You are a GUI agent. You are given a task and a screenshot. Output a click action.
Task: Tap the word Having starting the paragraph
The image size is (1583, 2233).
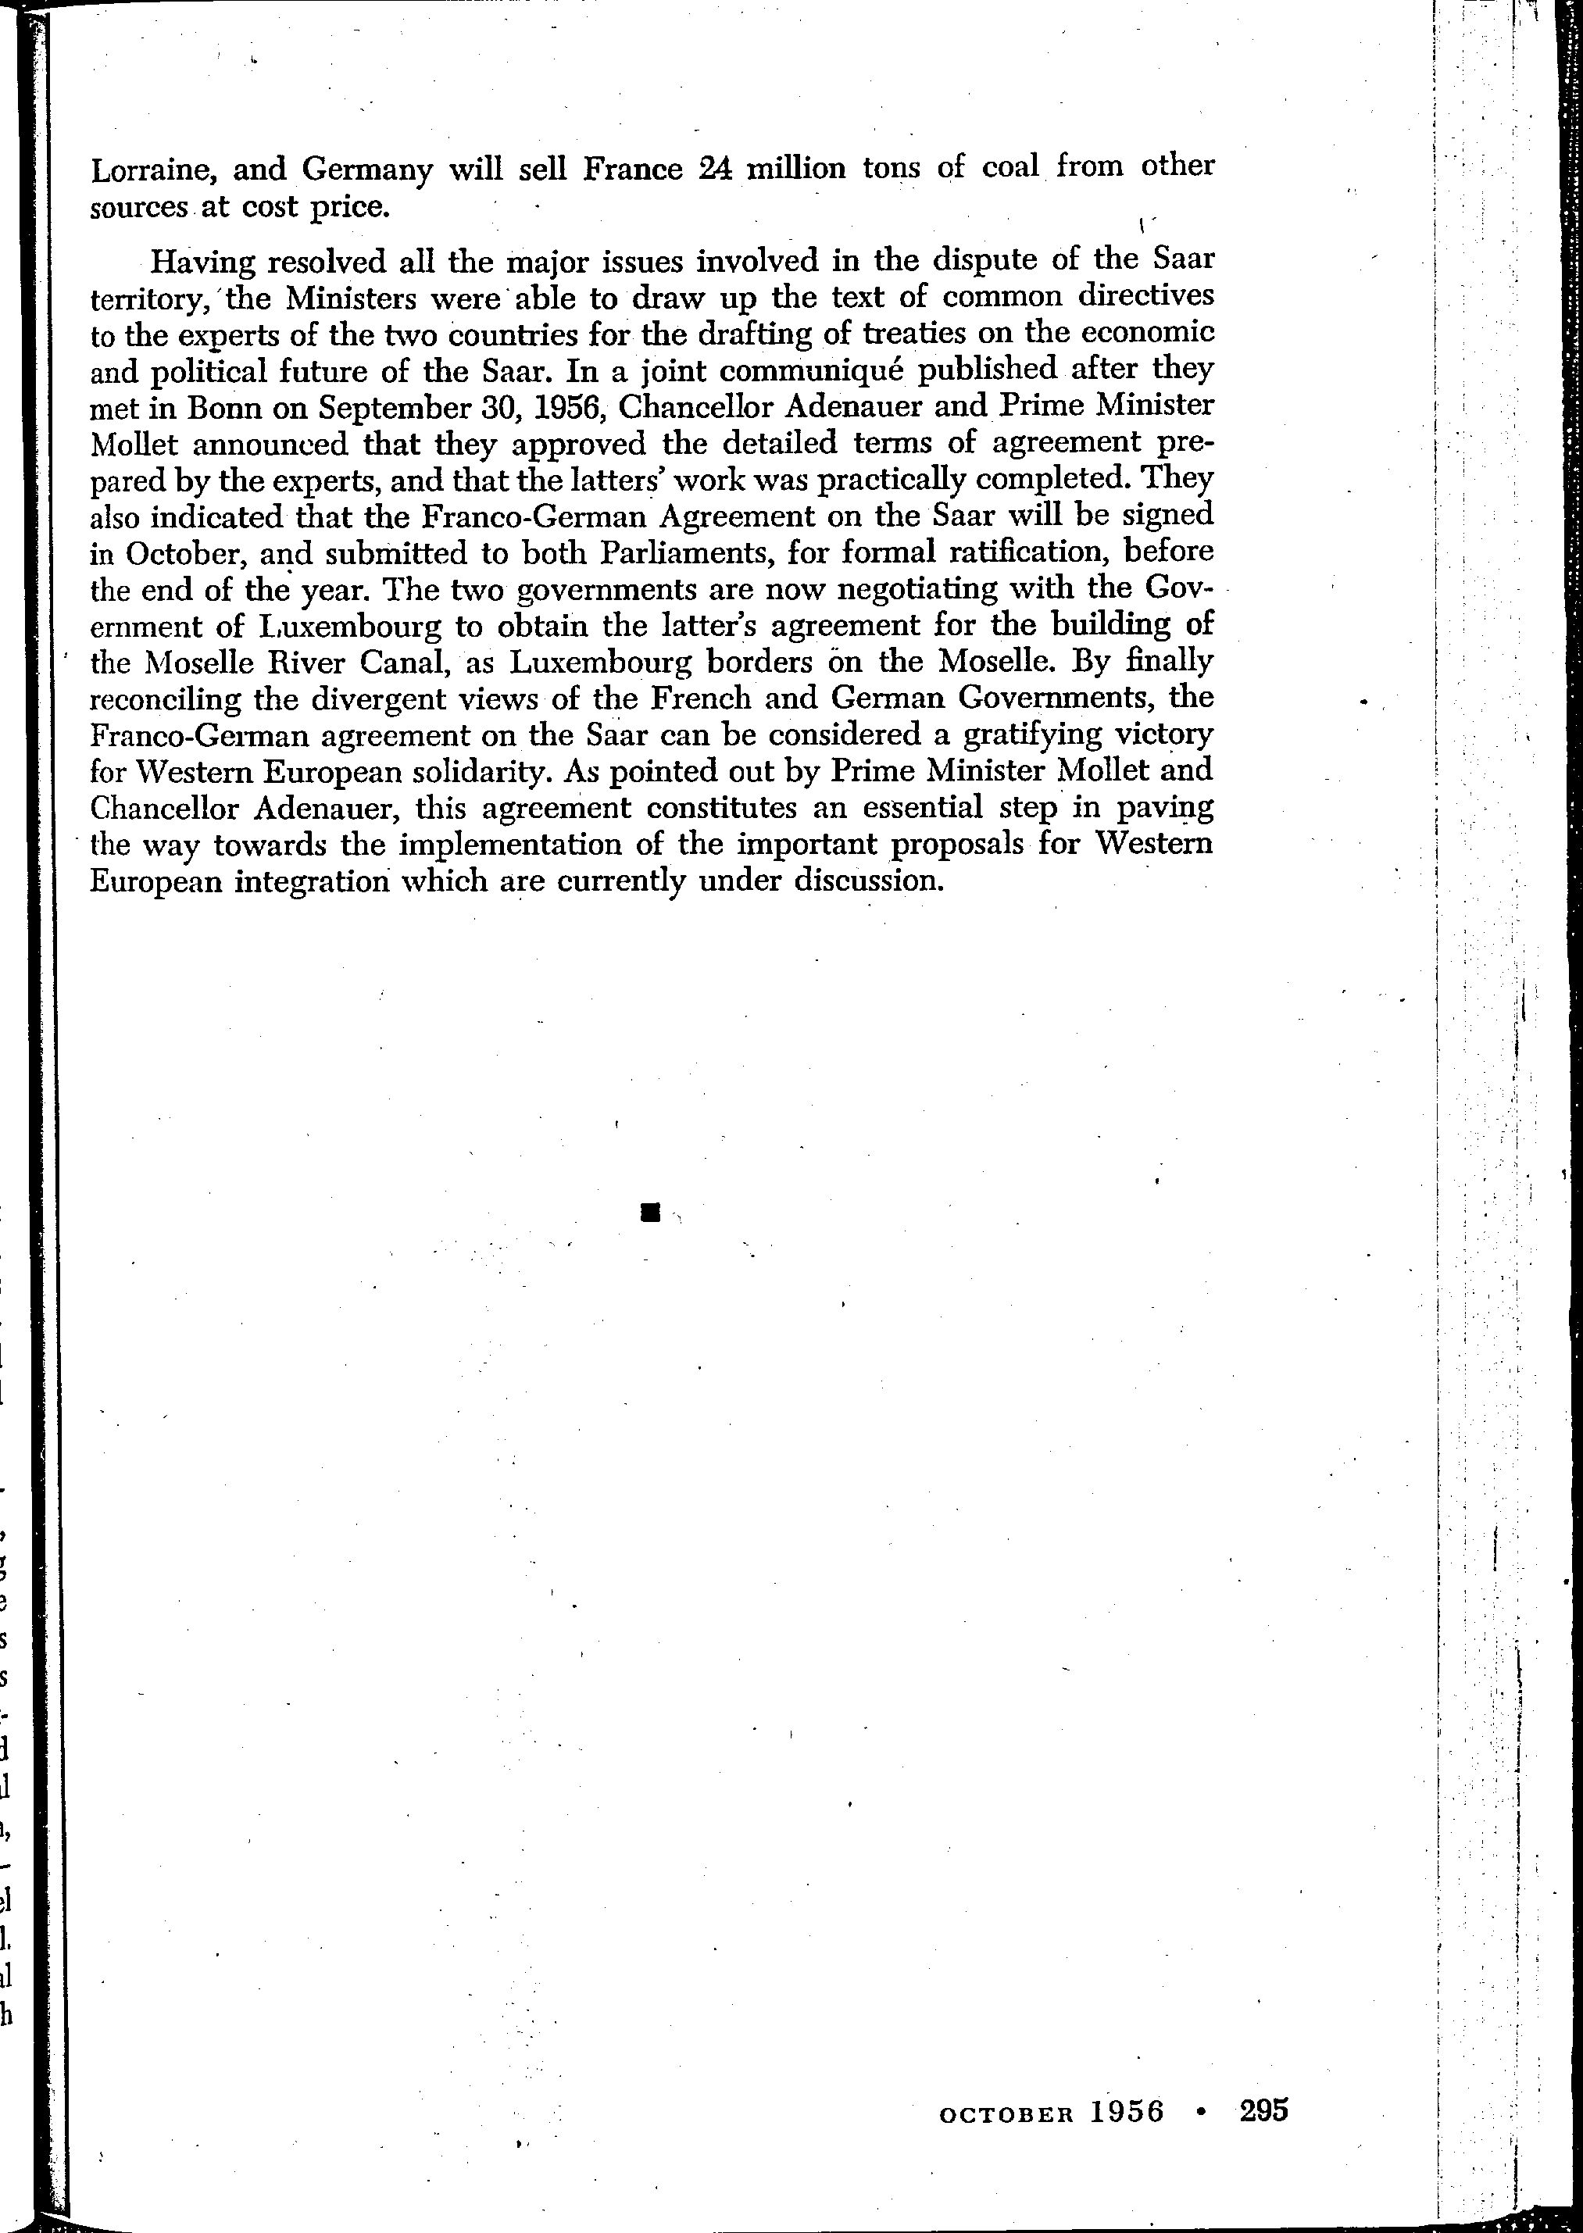click(x=198, y=263)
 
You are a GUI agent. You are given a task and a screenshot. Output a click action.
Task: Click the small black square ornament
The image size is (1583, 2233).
click(x=651, y=1213)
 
